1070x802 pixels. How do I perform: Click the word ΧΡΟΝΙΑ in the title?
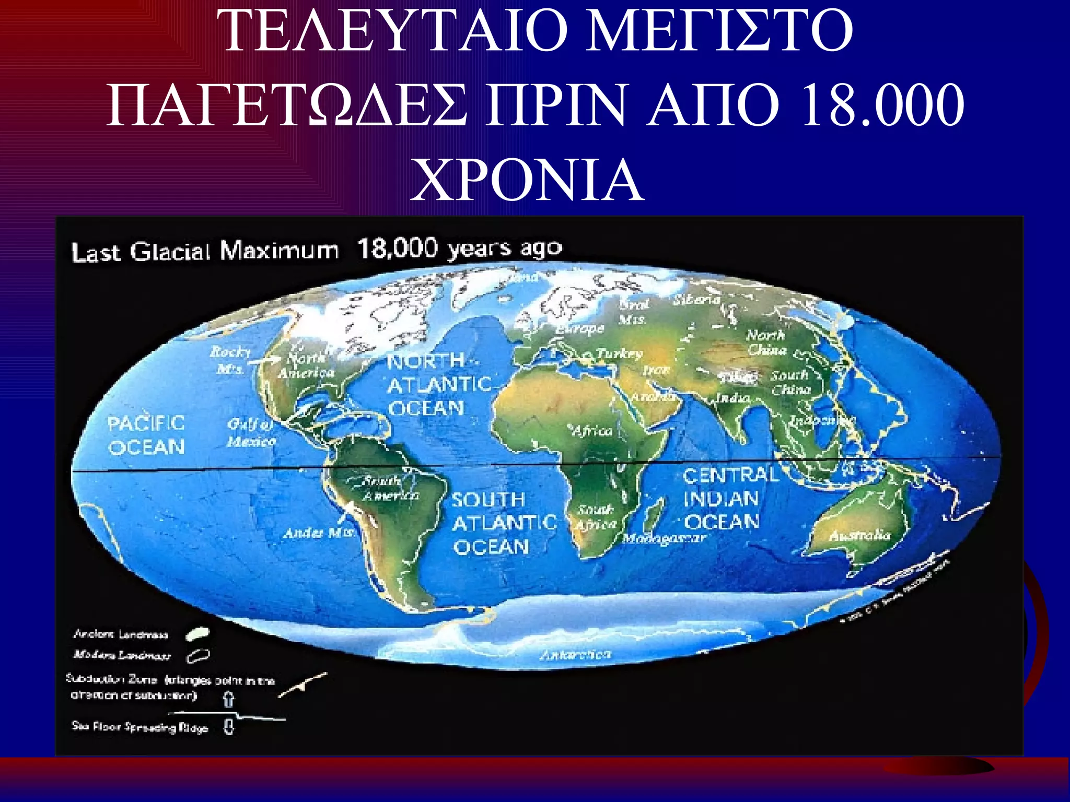tap(527, 180)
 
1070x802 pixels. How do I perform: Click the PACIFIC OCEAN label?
tap(146, 435)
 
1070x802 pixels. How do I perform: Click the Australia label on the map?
tap(860, 535)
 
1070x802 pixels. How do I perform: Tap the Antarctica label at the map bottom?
tap(575, 654)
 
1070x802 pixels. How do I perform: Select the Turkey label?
tap(620, 353)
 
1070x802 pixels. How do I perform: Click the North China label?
tap(766, 342)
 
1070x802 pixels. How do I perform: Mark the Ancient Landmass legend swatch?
tap(198, 634)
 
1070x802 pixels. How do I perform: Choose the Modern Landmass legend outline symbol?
tap(199, 656)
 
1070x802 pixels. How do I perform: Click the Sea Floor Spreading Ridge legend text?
tap(140, 727)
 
